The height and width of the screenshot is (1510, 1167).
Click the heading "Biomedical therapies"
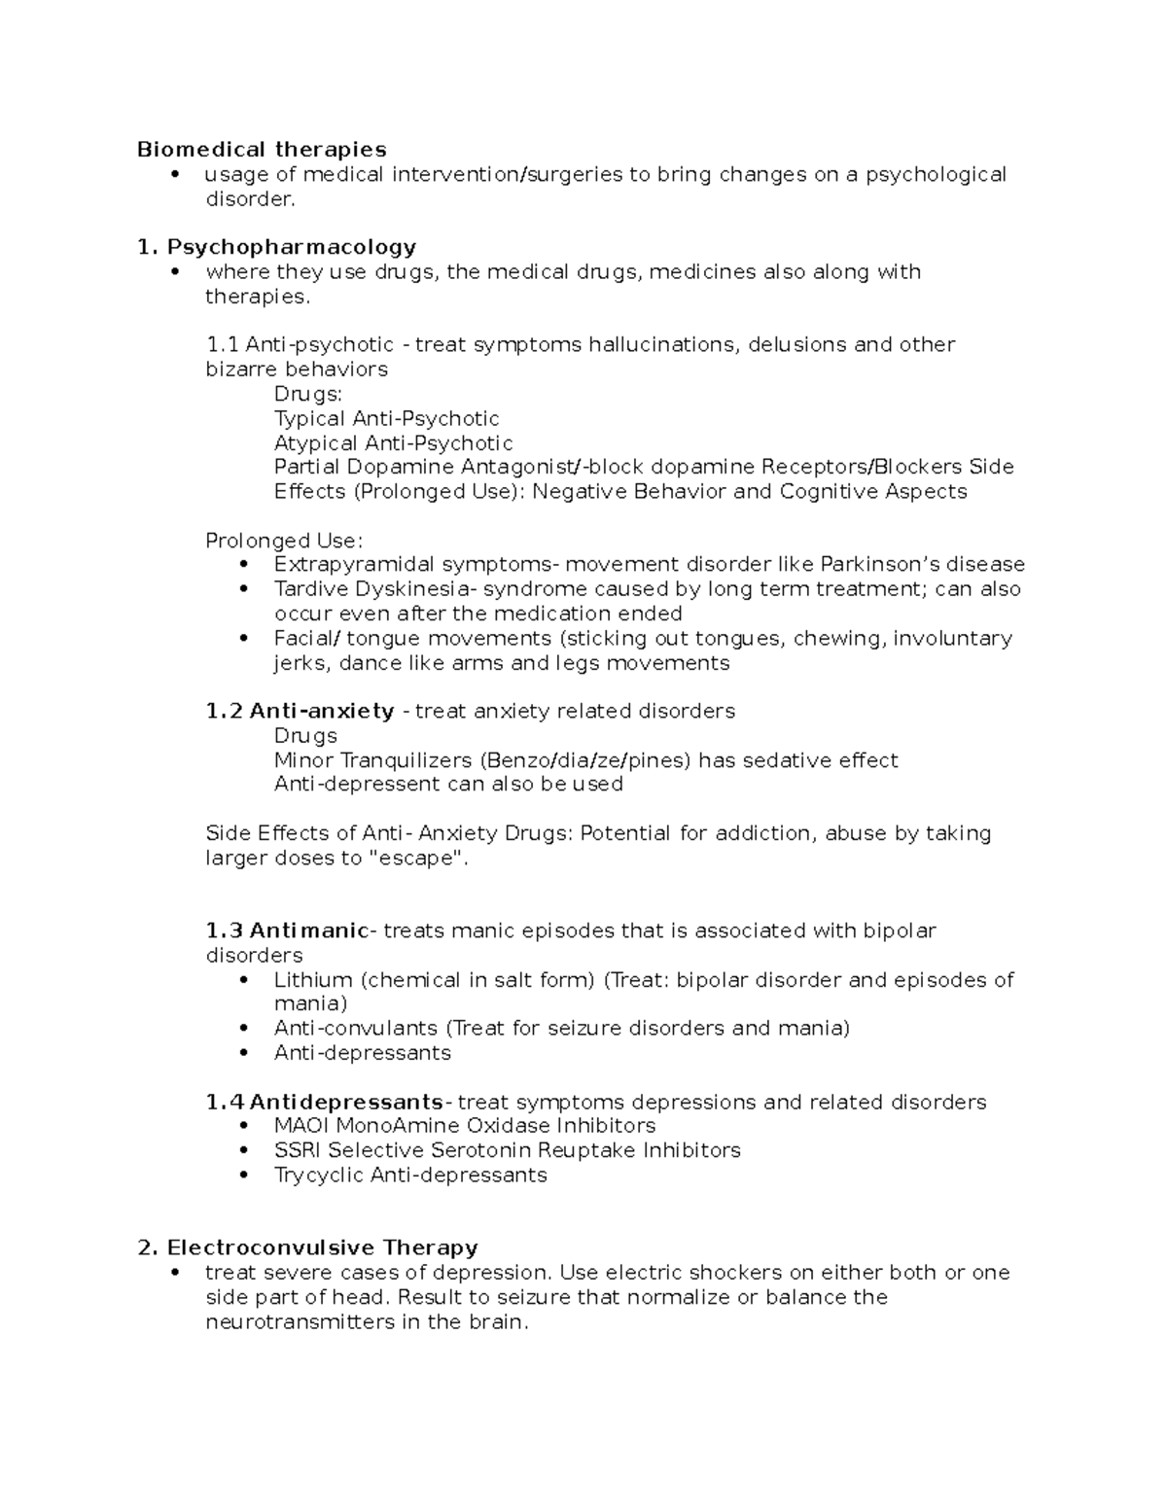(x=262, y=150)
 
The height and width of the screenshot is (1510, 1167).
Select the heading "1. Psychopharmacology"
(x=277, y=247)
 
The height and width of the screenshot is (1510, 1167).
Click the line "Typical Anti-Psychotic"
(x=386, y=419)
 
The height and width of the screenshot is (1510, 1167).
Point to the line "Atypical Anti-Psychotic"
(x=393, y=443)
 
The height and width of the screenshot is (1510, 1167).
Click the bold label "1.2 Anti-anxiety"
(x=300, y=712)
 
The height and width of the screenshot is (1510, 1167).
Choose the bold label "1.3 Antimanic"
(x=287, y=931)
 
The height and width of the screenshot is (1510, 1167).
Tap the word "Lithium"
(x=313, y=980)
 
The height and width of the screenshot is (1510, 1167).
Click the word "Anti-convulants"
(x=355, y=1029)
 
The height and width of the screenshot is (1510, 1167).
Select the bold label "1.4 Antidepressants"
(x=324, y=1103)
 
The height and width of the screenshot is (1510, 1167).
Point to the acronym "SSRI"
(x=298, y=1150)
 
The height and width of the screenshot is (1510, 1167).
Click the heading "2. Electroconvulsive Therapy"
(x=308, y=1247)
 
